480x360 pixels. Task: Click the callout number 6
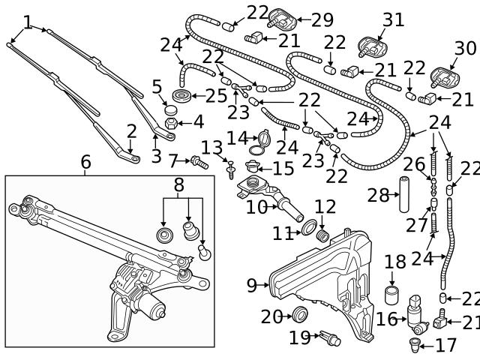coord(85,161)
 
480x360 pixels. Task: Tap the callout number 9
coord(252,285)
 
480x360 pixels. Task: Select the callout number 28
coord(378,196)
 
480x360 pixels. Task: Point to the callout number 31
coord(393,18)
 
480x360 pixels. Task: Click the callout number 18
coord(394,262)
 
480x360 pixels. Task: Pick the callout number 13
coord(211,147)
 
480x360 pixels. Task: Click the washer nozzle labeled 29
coord(282,16)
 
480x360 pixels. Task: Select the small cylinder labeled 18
coord(391,293)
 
